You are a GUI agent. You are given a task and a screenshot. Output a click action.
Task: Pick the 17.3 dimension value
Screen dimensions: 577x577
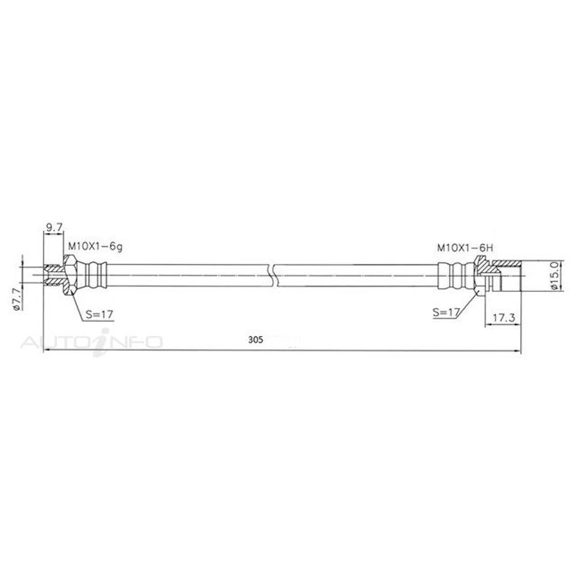pyautogui.click(x=502, y=318)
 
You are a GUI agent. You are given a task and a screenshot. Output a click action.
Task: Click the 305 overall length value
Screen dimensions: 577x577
pyautogui.click(x=256, y=339)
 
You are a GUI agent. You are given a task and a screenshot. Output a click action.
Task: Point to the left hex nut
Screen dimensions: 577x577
pyautogui.click(x=70, y=276)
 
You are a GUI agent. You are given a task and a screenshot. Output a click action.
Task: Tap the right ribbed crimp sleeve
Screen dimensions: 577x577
pyautogui.click(x=454, y=276)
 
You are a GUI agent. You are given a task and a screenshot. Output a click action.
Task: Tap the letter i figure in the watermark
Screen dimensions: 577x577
pyautogui.click(x=102, y=342)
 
